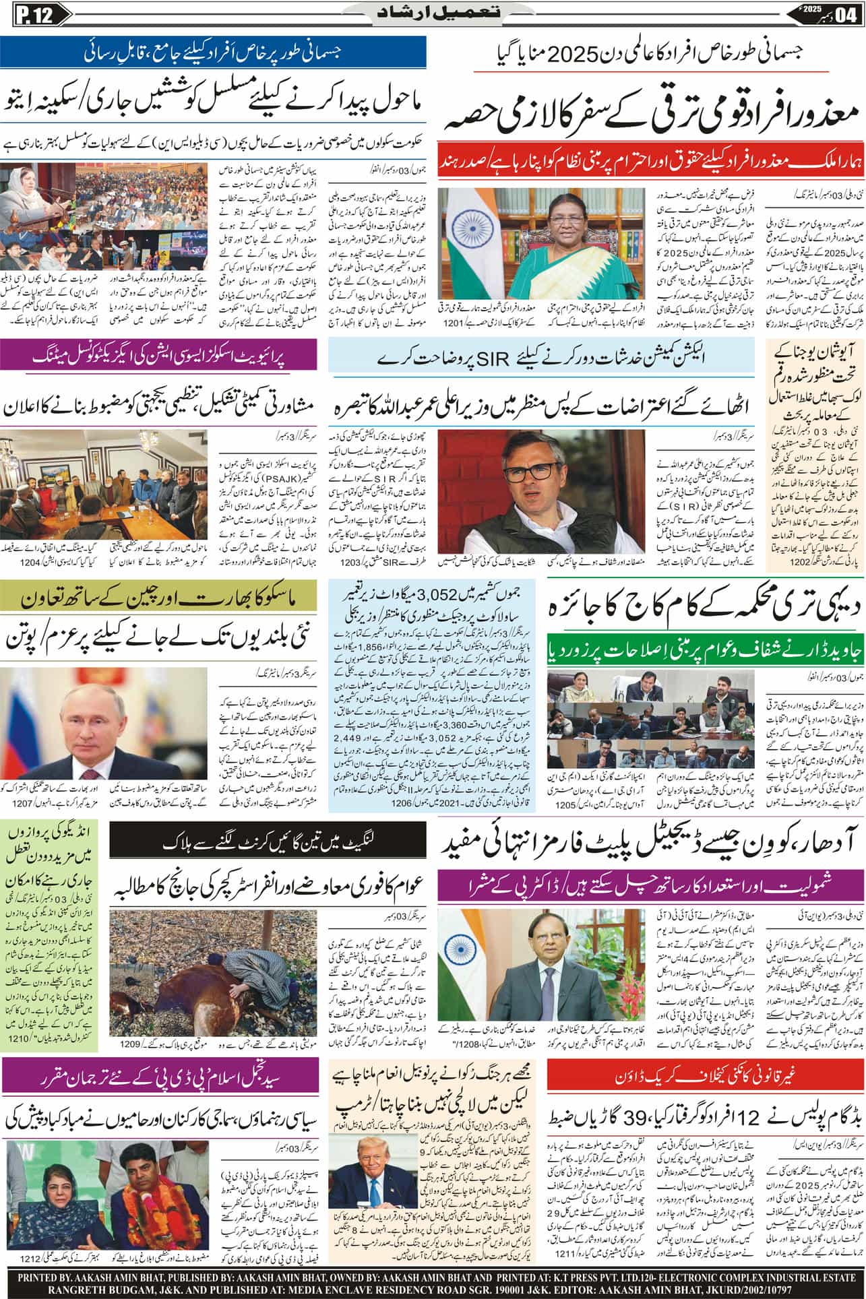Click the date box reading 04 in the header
(x=850, y=13)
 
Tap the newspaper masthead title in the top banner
(x=433, y=12)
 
